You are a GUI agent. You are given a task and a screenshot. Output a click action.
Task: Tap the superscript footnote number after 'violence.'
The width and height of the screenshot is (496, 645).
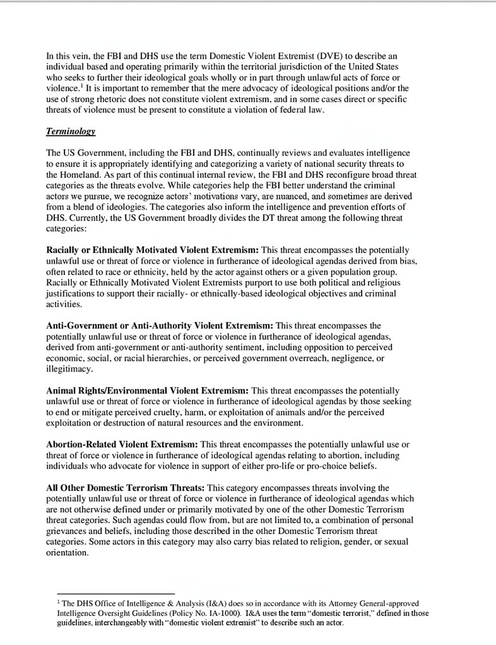83,86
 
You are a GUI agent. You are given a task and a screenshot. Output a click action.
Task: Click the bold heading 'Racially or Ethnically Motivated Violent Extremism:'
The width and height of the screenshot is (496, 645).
152,250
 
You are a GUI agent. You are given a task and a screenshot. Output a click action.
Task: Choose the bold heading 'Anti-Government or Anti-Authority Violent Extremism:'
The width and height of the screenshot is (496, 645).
160,326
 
